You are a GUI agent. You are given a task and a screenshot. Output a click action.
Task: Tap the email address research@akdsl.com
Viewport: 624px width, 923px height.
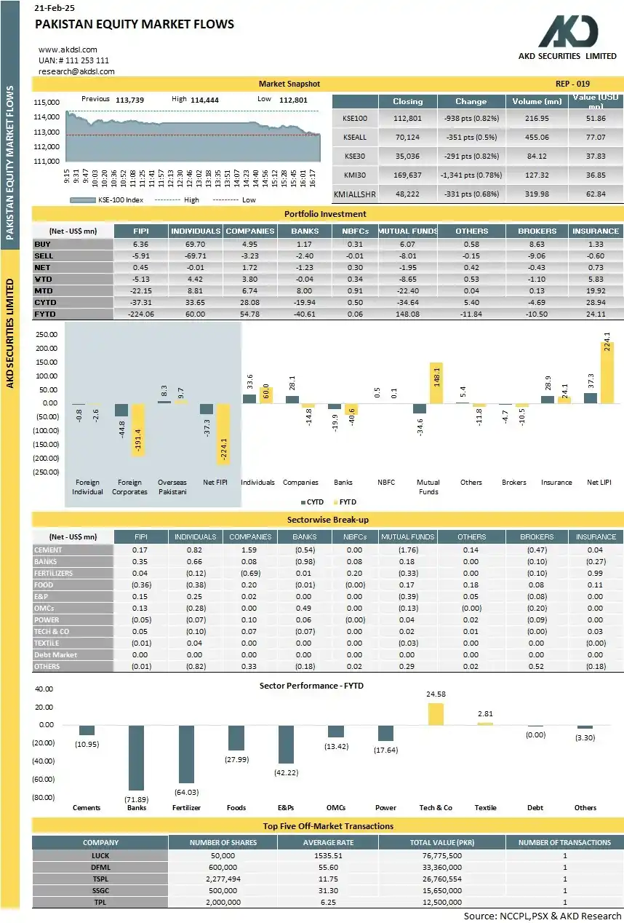[76, 71]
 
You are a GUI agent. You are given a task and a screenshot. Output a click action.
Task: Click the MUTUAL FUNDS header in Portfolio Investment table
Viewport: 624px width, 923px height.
[407, 231]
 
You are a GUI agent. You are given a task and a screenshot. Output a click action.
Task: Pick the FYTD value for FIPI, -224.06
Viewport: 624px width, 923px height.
[141, 314]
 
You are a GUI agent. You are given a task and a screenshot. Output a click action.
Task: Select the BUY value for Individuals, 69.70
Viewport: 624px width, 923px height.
[196, 244]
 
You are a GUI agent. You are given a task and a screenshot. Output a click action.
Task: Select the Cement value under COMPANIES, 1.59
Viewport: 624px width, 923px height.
[249, 550]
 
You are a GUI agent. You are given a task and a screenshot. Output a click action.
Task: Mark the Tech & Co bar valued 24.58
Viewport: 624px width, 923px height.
[436, 713]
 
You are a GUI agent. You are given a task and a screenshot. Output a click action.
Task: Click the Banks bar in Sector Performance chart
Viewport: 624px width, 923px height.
[136, 757]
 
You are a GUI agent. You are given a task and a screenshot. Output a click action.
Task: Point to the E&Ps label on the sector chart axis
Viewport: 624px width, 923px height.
[286, 807]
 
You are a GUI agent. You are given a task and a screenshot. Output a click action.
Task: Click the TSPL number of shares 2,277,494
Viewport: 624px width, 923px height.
[223, 879]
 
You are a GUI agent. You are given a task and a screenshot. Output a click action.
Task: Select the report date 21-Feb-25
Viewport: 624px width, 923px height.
[55, 8]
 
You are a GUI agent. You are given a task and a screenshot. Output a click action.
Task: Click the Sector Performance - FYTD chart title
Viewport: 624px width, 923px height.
[311, 686]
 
